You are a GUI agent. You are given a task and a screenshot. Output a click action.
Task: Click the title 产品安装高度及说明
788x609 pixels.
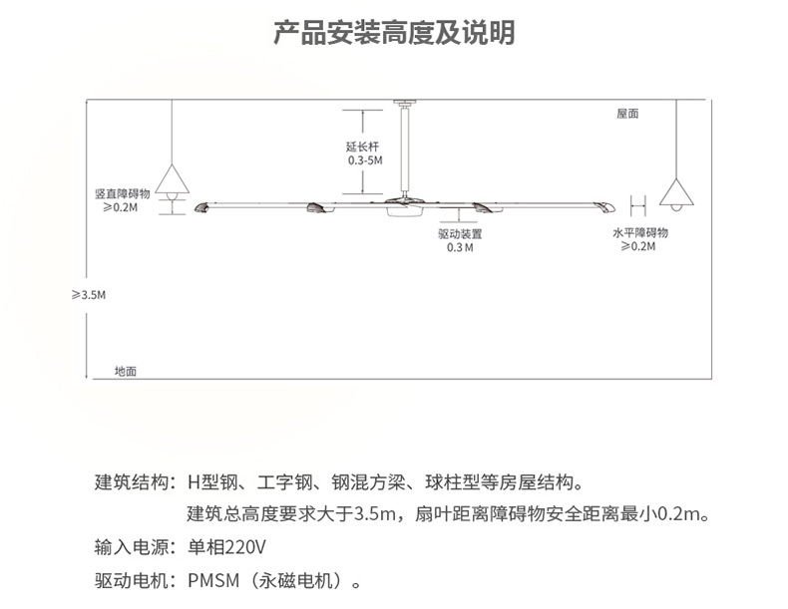(394, 33)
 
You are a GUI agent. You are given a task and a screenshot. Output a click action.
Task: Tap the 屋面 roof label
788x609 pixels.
(627, 115)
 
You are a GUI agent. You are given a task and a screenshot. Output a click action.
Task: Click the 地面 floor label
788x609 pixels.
(126, 371)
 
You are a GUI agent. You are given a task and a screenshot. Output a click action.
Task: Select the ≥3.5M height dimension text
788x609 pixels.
(88, 295)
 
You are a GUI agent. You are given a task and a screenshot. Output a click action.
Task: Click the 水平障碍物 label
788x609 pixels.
(640, 232)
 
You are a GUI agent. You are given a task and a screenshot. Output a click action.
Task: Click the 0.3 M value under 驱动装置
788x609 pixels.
(460, 247)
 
